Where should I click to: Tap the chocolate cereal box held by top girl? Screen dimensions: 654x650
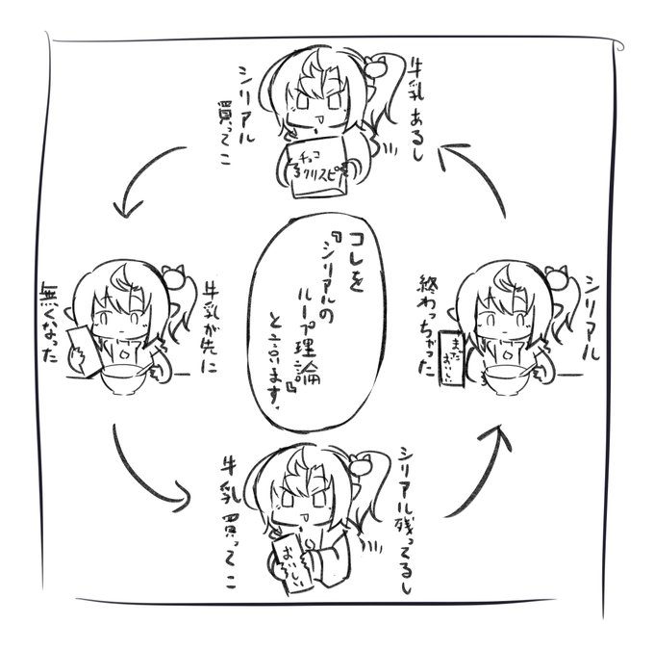click(x=316, y=168)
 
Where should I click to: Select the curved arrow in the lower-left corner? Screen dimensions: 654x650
click(x=145, y=471)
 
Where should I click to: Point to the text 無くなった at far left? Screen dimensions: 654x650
click(x=49, y=322)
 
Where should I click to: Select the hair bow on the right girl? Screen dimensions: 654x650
click(x=556, y=279)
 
